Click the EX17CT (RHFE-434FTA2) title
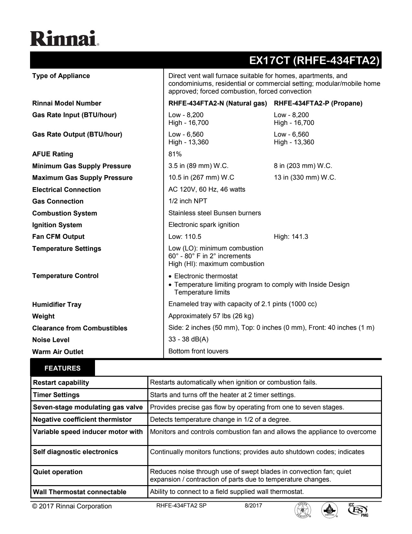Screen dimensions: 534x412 314,61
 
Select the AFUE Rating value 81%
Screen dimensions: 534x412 175,154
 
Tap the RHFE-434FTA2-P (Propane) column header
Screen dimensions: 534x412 318,103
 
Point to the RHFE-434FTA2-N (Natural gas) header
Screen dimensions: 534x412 217,103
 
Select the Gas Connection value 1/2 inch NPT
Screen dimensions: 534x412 188,201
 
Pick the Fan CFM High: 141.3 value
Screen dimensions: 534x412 291,237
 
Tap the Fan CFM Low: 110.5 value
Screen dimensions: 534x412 185,237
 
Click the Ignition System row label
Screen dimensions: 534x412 57,225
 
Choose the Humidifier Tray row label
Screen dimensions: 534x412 57,305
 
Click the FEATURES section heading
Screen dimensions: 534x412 62,368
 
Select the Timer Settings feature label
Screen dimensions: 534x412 56,395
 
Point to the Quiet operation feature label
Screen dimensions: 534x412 58,472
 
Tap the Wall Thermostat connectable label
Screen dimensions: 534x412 79,492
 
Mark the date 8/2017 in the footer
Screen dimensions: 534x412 253,506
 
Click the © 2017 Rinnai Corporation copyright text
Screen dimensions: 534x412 72,506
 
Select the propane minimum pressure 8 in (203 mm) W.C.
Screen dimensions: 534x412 303,166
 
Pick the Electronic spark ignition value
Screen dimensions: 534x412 204,225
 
